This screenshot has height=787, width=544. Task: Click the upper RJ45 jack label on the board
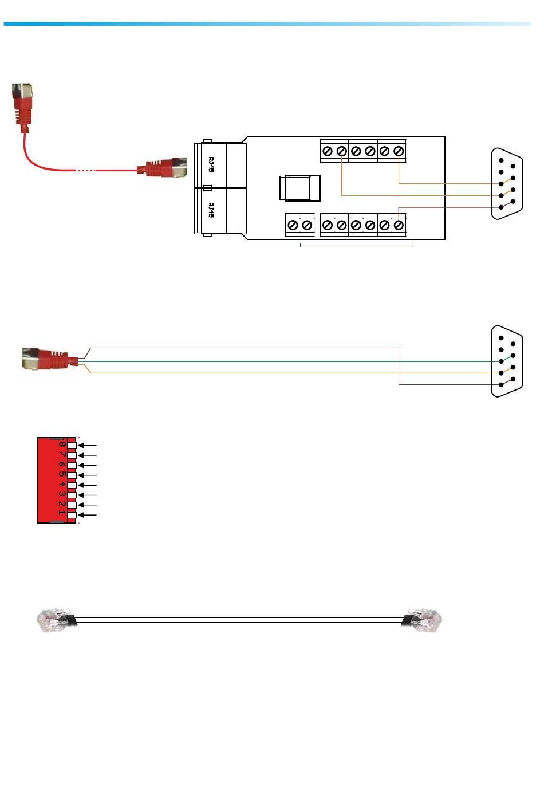coord(211,164)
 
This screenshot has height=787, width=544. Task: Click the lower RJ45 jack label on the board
coord(211,210)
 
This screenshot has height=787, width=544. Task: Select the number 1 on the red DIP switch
coord(61,513)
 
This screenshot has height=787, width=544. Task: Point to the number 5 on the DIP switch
coord(61,475)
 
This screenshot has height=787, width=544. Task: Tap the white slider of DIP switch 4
coord(72,485)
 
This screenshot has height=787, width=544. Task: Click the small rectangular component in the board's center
coord(300,188)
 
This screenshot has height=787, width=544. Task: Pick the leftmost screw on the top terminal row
coord(328,151)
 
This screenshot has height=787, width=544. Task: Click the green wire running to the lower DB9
coord(286,361)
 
